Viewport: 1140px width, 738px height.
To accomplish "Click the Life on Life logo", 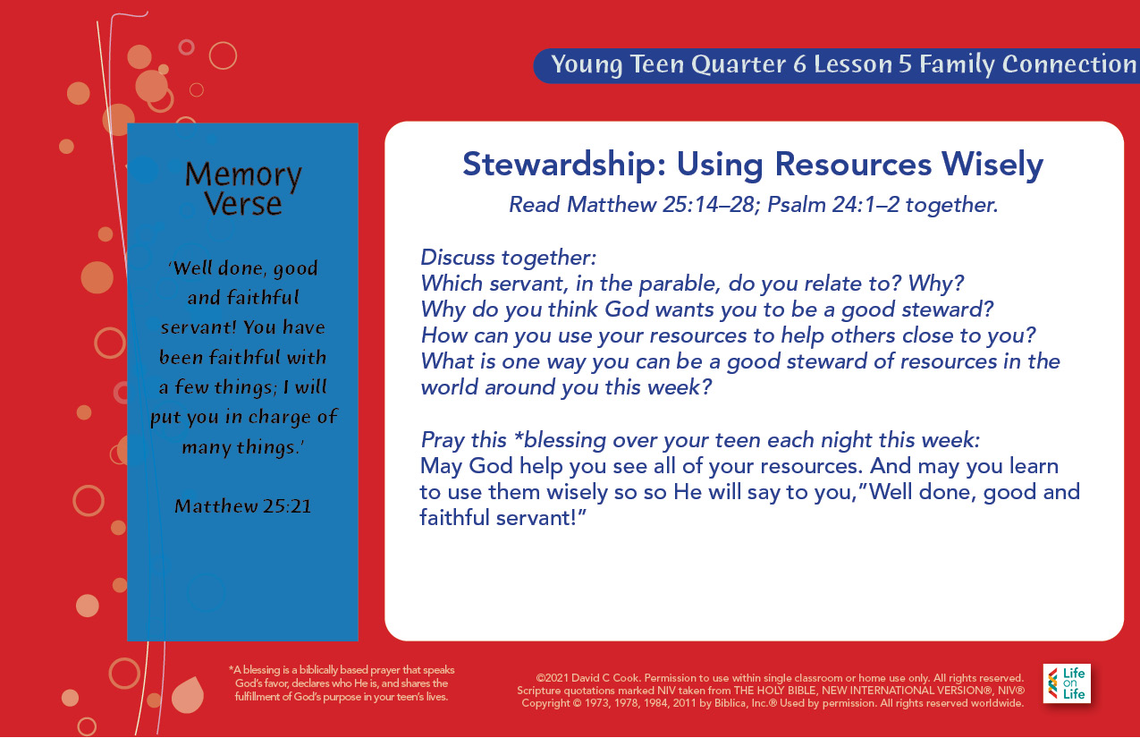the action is pyautogui.click(x=1067, y=683).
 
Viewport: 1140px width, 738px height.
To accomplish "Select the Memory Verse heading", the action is pyautogui.click(x=243, y=189).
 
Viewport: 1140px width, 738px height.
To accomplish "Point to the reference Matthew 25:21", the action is pyautogui.click(x=243, y=505).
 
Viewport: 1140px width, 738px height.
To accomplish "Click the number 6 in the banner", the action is pyautogui.click(x=799, y=64).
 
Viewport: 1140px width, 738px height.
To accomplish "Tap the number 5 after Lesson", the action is pyautogui.click(x=905, y=64).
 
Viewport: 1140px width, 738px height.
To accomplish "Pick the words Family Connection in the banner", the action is pyautogui.click(x=1028, y=64).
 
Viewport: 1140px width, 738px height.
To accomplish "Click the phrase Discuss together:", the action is pyautogui.click(x=508, y=258).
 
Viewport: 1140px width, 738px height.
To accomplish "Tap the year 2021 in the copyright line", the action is pyautogui.click(x=557, y=678).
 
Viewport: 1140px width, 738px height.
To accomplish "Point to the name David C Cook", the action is pyautogui.click(x=605, y=678).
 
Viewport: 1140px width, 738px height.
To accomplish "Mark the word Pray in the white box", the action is pyautogui.click(x=443, y=440).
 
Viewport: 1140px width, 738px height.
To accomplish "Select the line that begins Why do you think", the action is pyautogui.click(x=707, y=310).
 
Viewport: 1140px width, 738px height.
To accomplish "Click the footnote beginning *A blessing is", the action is pyautogui.click(x=342, y=683).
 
